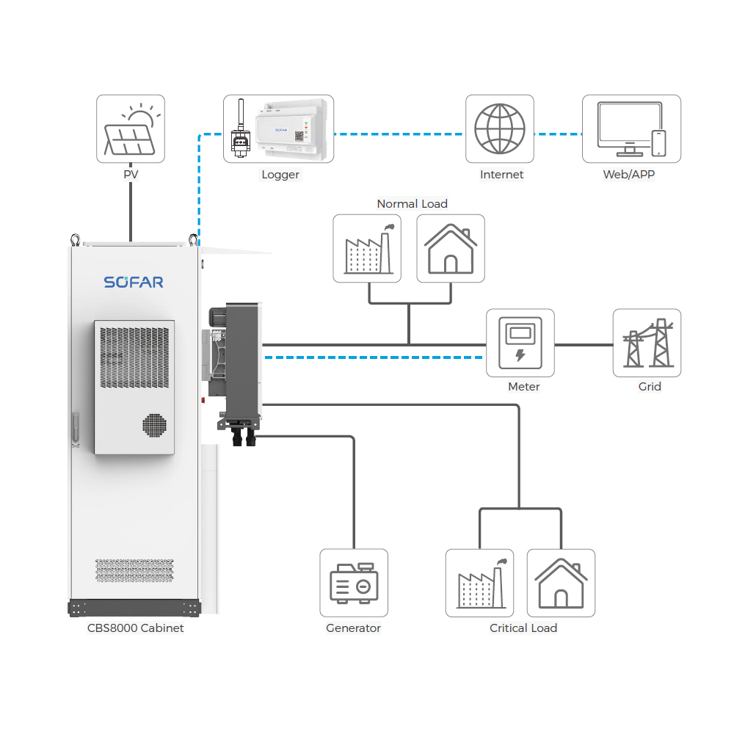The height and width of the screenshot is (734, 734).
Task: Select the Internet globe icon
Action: pos(500,129)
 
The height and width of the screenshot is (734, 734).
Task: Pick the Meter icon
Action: pos(520,343)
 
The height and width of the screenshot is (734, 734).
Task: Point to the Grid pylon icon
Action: pos(647,343)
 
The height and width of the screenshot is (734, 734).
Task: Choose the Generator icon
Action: pos(354,583)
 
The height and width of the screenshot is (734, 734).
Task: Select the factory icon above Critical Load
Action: pos(479,583)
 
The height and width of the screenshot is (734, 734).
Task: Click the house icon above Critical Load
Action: pos(562,583)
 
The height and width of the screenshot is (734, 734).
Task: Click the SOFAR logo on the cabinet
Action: pos(134,282)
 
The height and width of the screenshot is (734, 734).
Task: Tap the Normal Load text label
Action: pos(412,204)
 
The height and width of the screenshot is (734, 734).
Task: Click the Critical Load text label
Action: pos(523,628)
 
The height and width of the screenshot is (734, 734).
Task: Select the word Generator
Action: pos(354,628)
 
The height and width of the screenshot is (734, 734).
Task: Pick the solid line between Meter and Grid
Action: pos(584,344)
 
